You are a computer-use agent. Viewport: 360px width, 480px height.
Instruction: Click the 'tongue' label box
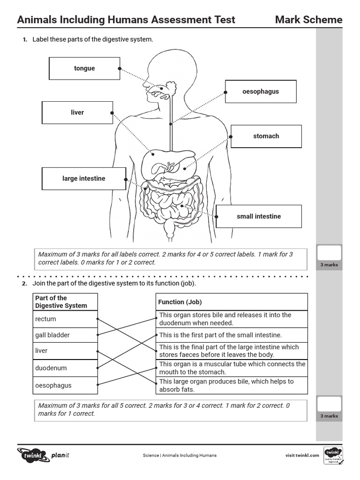click(x=84, y=68)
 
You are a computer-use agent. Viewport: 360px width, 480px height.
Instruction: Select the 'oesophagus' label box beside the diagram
click(x=261, y=91)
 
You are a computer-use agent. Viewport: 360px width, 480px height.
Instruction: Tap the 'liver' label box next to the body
click(x=77, y=112)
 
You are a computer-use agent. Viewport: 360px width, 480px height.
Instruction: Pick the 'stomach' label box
click(x=266, y=136)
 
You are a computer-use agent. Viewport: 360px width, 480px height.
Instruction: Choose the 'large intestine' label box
click(x=84, y=179)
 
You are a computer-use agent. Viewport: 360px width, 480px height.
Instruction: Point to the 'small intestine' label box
click(x=259, y=217)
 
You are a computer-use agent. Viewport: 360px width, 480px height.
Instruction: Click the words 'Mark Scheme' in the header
click(x=308, y=20)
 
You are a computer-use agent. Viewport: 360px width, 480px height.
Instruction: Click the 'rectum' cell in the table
click(x=66, y=319)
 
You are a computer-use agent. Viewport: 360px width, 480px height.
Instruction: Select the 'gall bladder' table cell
click(x=66, y=335)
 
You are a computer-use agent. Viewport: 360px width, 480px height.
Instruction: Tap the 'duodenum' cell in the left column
click(x=66, y=368)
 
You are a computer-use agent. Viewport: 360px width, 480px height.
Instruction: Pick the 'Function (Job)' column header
click(x=232, y=302)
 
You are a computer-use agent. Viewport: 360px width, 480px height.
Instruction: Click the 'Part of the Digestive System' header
click(x=66, y=302)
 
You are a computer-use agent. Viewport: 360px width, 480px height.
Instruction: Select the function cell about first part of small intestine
click(x=232, y=335)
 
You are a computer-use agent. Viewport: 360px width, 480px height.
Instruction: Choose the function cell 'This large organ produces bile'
click(x=232, y=385)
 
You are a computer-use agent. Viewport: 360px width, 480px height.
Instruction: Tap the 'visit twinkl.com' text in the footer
click(x=302, y=455)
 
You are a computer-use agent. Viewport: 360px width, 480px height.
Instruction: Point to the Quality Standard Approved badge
click(x=334, y=455)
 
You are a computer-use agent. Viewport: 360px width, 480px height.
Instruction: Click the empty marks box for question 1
click(x=329, y=254)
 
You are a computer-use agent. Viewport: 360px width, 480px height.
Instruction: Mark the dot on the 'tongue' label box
click(x=120, y=68)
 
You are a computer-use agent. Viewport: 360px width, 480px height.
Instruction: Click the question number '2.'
click(x=24, y=284)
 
